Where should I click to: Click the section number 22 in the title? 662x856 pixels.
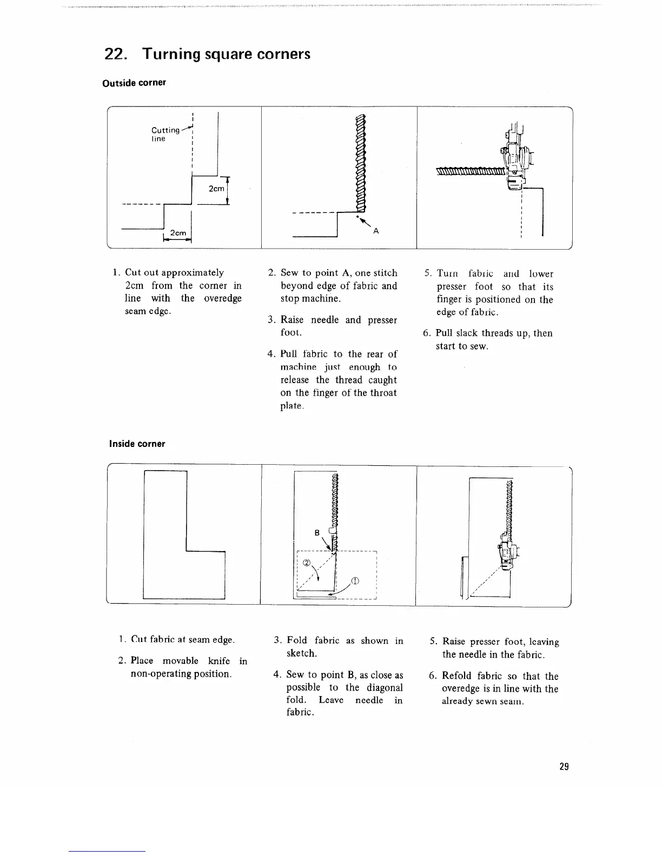tap(116, 55)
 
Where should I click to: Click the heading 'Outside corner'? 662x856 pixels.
tap(134, 83)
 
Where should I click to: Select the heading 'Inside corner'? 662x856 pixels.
tap(137, 444)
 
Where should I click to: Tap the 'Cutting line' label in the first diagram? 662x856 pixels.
tap(165, 134)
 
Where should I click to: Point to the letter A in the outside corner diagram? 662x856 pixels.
tap(376, 231)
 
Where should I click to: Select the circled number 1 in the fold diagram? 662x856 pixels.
tap(355, 581)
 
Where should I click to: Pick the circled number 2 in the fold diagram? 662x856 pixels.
tap(307, 562)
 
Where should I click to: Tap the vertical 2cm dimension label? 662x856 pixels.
tap(216, 189)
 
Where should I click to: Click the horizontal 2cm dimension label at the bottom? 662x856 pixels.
tap(178, 233)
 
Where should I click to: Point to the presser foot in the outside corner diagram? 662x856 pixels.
tap(514, 159)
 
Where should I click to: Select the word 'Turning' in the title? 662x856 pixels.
tap(173, 55)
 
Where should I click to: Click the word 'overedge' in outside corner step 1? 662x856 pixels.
tap(222, 298)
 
